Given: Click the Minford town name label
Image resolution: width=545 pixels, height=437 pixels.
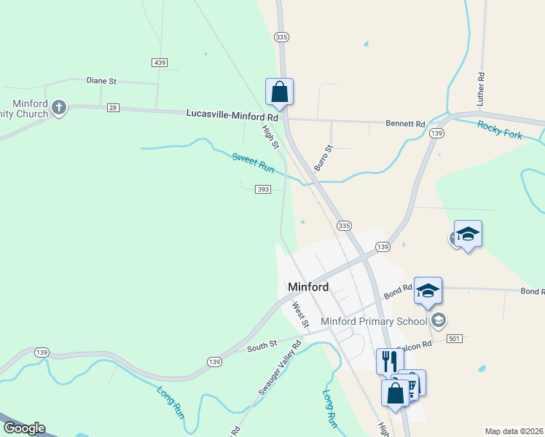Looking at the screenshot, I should (308, 287).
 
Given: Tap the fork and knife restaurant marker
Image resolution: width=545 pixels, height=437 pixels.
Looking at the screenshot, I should (389, 361).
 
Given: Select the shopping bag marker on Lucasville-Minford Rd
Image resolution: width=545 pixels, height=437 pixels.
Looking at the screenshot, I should (279, 92).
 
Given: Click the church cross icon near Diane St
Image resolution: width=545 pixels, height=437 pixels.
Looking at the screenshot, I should (59, 109).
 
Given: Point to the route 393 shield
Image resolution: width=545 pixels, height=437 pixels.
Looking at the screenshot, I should (263, 189).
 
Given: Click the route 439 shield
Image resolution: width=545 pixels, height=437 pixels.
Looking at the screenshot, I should (160, 63).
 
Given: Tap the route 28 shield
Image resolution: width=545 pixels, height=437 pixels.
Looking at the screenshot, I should (112, 108).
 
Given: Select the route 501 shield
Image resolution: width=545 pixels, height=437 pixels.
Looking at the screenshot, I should (455, 339).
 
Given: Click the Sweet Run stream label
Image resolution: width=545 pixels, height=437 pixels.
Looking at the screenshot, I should (253, 162).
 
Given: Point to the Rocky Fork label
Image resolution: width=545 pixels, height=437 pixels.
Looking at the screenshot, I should (500, 130).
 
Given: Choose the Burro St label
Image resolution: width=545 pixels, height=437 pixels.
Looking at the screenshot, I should (323, 158).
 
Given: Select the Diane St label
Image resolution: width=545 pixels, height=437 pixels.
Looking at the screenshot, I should (101, 81).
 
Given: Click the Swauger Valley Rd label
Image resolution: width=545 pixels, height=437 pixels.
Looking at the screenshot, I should (280, 369).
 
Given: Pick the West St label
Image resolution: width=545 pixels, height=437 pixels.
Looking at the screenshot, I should (299, 315).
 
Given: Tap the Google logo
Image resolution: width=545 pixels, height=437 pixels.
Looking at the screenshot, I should (23, 428).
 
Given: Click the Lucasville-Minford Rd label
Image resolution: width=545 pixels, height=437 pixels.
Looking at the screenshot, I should (232, 115).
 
